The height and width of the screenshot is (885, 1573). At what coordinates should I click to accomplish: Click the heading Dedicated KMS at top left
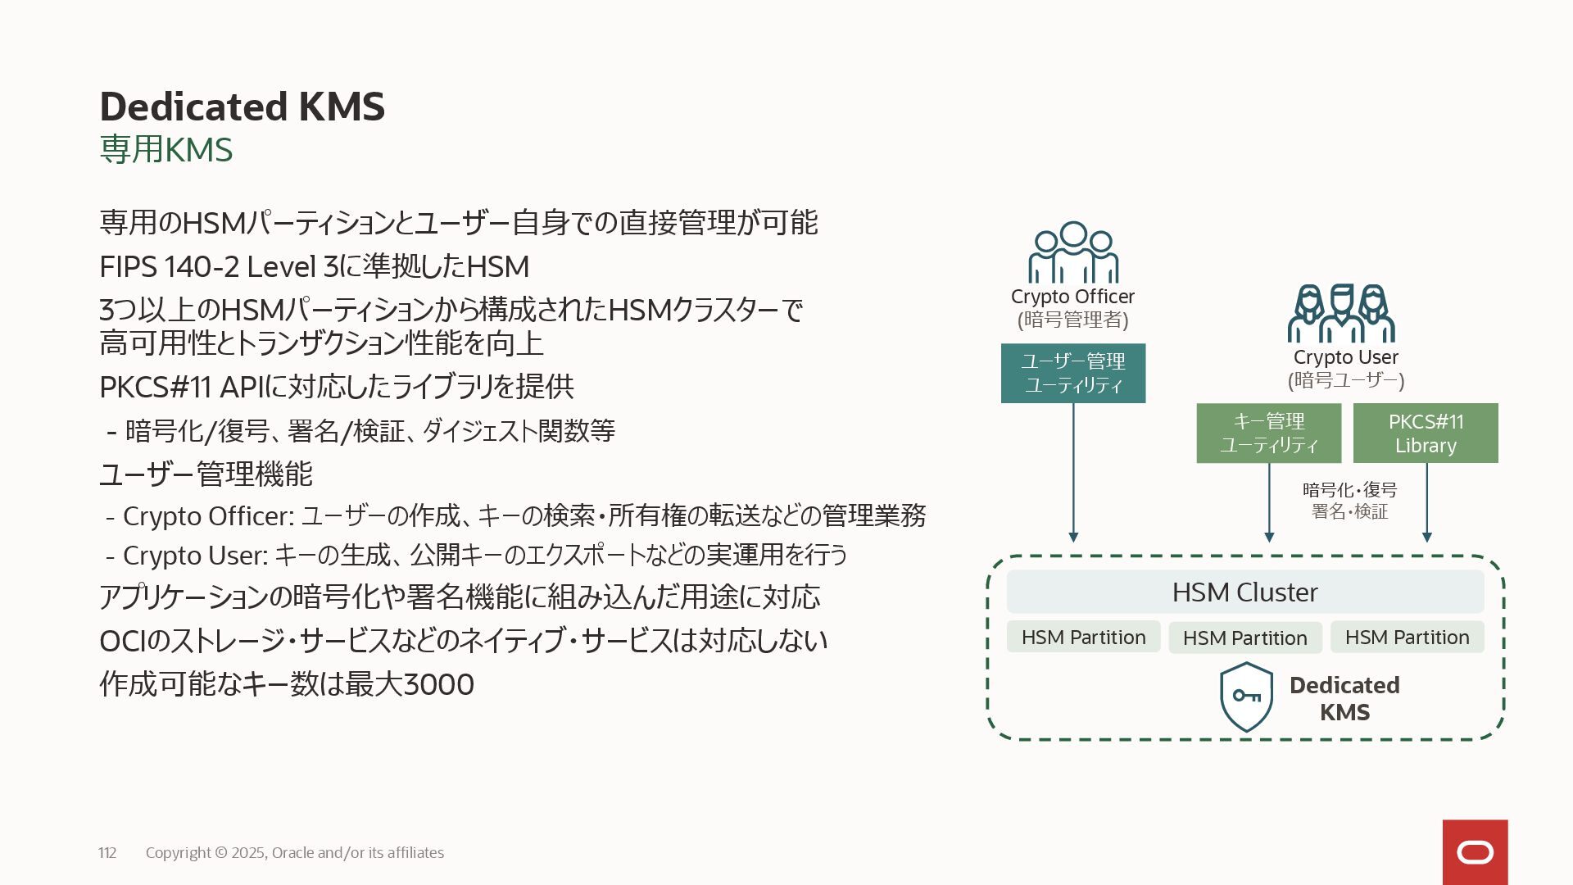coord(242,107)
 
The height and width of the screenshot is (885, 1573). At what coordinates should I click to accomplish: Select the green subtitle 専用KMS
coord(165,150)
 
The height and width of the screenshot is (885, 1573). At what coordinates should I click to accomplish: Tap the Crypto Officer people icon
coord(1072,252)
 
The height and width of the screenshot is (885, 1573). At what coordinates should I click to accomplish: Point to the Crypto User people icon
coord(1341,313)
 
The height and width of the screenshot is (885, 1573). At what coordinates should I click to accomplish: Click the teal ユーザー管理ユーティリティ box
coord(1072,373)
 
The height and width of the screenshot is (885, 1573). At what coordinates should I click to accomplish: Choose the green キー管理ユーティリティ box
coord(1268,433)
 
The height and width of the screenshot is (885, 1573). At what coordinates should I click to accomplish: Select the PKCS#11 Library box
coord(1425,433)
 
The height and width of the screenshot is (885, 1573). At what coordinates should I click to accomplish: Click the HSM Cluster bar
coord(1244,592)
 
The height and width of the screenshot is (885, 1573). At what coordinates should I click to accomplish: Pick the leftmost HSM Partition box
coord(1083,637)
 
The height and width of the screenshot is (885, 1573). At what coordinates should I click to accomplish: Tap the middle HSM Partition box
coord(1244,638)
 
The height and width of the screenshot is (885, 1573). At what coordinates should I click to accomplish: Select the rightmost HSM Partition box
coord(1407,637)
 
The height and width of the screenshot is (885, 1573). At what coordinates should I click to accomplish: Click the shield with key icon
coord(1246,697)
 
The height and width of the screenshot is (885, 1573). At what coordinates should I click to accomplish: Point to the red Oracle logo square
coord(1475,852)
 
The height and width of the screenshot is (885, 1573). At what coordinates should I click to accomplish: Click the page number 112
coord(107,853)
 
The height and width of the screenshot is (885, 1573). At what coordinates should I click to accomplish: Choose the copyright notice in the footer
coord(295,853)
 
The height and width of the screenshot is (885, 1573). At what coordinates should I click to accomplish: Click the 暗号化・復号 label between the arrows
coord(1349,490)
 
